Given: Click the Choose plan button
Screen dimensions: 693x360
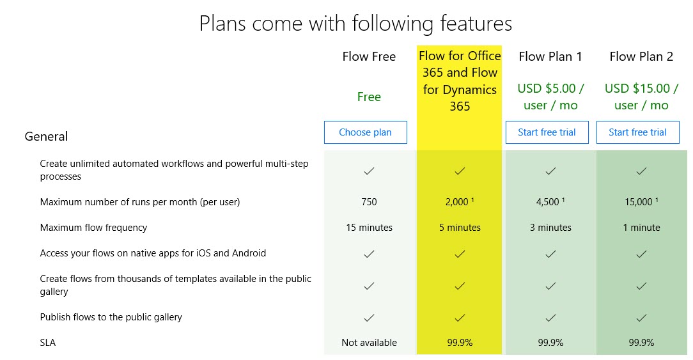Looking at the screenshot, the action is point(365,132).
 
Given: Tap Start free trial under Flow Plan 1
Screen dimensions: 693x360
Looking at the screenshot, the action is point(547,132).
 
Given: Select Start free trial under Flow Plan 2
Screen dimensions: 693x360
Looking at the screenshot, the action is point(637,132).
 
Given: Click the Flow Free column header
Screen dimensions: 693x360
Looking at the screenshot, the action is point(369,57).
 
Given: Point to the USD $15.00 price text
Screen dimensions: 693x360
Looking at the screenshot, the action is point(641,97).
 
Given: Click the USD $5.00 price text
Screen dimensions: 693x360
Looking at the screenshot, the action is point(550,97).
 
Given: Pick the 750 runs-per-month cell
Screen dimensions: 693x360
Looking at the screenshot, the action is point(369,202).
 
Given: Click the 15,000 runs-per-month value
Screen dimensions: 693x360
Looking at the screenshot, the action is point(641,201).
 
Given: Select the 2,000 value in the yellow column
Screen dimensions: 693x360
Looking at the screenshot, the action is point(460,201).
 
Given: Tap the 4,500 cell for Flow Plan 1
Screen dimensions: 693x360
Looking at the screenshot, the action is point(550,201).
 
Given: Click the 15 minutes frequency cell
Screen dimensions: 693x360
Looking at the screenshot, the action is point(369,228).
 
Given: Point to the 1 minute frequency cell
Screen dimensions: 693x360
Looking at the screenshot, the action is point(641,228).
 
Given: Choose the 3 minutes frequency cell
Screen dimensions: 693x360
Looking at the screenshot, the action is point(550,228).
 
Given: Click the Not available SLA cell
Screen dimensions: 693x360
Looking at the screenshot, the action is point(369,342).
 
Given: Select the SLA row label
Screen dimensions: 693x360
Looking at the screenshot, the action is point(48,342).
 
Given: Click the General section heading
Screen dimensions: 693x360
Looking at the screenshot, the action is point(46,136).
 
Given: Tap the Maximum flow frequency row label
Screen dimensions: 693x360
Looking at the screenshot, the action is point(93,228).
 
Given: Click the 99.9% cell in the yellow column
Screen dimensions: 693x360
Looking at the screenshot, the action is point(460,342).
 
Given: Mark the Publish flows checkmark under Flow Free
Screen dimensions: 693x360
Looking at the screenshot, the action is point(369,318).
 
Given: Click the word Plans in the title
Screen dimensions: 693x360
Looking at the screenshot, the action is point(222,23).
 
